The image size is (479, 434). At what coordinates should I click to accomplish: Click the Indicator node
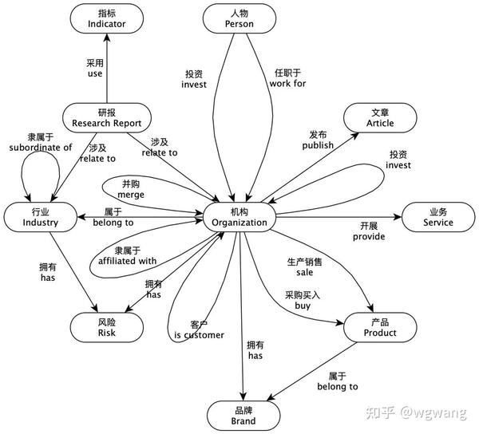(106, 18)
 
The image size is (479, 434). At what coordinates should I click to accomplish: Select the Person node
(240, 18)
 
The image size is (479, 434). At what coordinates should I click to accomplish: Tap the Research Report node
(106, 117)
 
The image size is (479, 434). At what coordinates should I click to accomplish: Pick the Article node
(380, 117)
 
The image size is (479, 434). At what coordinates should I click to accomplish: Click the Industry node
(41, 216)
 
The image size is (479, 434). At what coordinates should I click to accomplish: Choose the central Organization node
(239, 216)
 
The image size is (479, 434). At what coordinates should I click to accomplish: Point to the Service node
(437, 216)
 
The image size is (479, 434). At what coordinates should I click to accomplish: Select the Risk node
(106, 326)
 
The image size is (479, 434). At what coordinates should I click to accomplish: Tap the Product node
(380, 326)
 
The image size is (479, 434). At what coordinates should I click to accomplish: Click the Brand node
(240, 415)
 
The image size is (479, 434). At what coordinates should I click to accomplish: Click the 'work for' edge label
(288, 83)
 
